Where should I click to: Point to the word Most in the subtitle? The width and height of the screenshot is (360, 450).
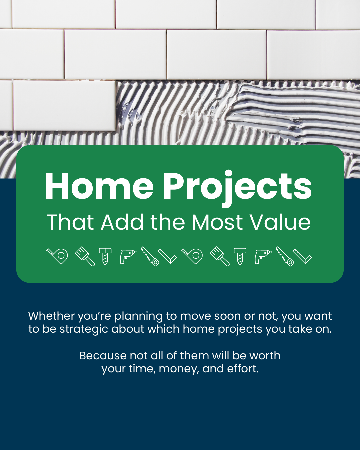tap(217, 222)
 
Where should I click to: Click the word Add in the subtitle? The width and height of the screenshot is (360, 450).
tap(122, 222)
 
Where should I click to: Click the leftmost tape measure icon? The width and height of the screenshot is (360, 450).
tap(57, 256)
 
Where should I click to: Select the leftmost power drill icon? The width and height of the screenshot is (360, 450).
tap(128, 256)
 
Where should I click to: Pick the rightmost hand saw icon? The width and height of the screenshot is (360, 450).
tap(285, 256)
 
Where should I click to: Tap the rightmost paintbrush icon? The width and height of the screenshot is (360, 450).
tap(220, 256)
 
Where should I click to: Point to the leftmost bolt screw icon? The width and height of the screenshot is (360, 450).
tap(105, 256)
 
